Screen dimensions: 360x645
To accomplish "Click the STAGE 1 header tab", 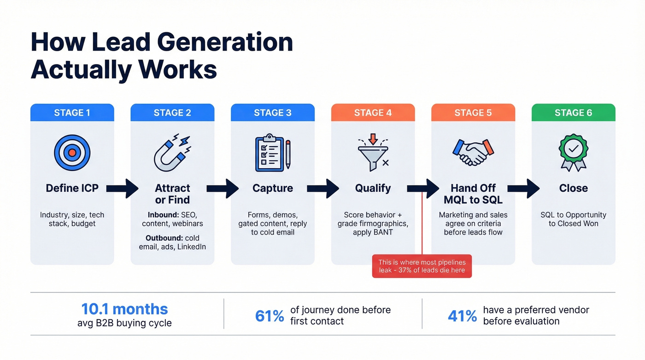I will click(72, 113).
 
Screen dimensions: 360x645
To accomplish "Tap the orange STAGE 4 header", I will click(373, 113).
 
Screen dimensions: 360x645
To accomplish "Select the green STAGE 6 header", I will click(573, 113).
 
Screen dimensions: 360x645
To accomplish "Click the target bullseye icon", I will click(72, 153).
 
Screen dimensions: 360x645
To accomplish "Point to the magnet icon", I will click(172, 153).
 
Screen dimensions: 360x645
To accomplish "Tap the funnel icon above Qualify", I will click(373, 151).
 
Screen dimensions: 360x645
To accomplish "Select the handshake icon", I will click(473, 153).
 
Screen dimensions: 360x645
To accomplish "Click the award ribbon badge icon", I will click(573, 153).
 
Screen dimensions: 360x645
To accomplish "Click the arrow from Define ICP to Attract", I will click(122, 189).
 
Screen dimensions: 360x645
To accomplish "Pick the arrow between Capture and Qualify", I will click(322, 189).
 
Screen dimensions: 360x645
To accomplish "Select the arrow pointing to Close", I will click(523, 189).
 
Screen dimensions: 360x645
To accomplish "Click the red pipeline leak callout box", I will click(422, 266).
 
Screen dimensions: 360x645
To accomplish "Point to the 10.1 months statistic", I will click(124, 309).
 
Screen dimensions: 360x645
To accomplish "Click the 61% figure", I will click(270, 316).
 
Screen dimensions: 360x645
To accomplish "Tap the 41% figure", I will click(462, 316).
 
